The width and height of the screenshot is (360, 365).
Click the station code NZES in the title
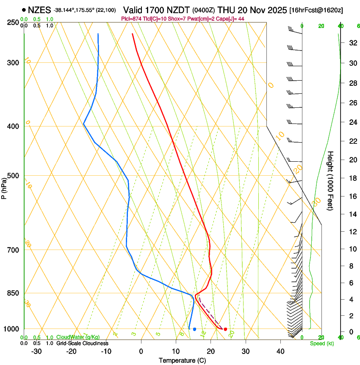pyautogui.click(x=39, y=10)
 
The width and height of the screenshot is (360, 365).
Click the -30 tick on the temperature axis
pyautogui.click(x=36, y=351)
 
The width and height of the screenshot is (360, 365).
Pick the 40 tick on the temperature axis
pyautogui.click(x=280, y=351)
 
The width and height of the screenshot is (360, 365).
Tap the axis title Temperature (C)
pyautogui.click(x=182, y=361)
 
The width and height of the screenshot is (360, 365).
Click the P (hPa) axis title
pyautogui.click(x=4, y=185)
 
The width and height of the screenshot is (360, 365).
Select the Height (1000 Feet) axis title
pyautogui.click(x=330, y=180)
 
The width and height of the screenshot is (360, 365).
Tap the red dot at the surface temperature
pyautogui.click(x=225, y=329)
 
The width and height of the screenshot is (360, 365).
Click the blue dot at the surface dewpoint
pyautogui.click(x=194, y=329)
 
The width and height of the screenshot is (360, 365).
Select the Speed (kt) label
pyautogui.click(x=322, y=343)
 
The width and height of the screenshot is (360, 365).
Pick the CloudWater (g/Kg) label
pyautogui.click(x=78, y=337)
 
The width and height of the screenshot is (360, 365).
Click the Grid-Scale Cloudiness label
pyautogui.click(x=82, y=343)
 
